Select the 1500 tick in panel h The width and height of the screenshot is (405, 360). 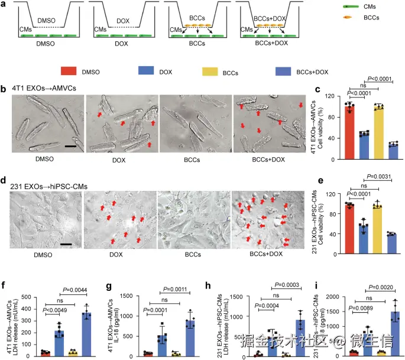tap(242, 293)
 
